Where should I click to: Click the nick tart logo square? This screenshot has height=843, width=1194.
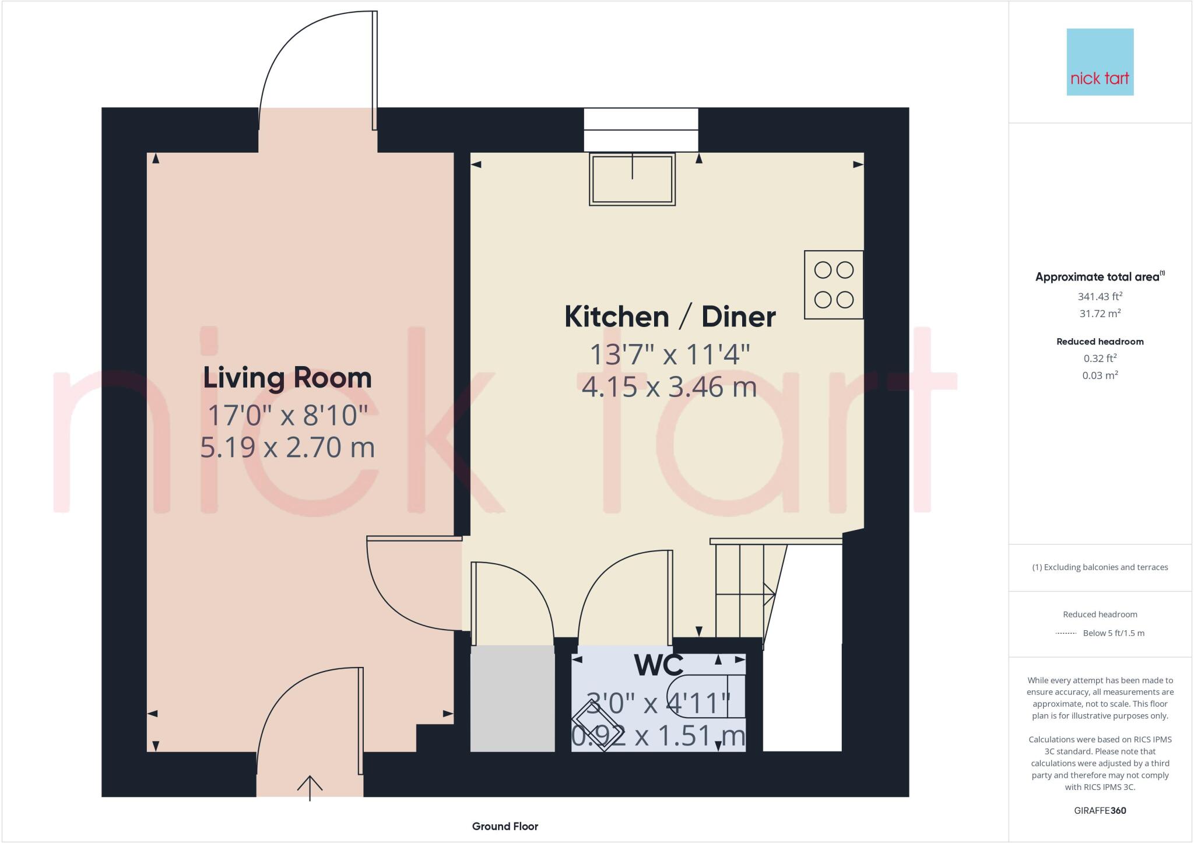[x=1100, y=62]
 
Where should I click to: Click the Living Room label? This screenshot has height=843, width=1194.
[x=287, y=378]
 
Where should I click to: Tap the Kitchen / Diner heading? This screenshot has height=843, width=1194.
[x=670, y=317]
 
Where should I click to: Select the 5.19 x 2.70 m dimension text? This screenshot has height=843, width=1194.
[x=287, y=448]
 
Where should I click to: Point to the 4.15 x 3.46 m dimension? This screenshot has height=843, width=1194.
[x=669, y=387]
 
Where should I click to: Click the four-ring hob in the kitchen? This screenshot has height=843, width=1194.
[x=833, y=284]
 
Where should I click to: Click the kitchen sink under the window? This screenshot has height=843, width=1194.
[x=632, y=178]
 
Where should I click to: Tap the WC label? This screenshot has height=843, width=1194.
[x=658, y=665]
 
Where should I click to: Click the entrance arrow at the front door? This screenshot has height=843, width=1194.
[x=310, y=788]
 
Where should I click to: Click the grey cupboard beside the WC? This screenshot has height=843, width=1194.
[x=512, y=698]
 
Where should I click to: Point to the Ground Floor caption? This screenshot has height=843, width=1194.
[x=505, y=826]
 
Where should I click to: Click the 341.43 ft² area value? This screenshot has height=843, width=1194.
[x=1100, y=297]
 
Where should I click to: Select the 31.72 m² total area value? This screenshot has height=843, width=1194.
[x=1100, y=314]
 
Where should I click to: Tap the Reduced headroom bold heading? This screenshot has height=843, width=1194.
[x=1100, y=342]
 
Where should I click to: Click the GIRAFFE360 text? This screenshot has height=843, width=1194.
[x=1100, y=810]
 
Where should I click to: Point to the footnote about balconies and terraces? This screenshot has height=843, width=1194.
[x=1100, y=567]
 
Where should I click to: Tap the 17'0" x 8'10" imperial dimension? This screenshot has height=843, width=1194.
[x=287, y=415]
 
